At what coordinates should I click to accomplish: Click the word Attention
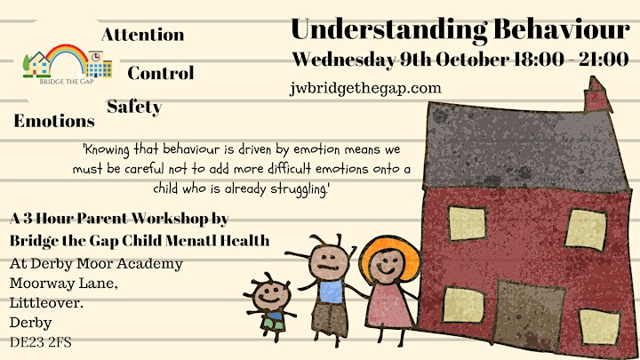pyautogui.click(x=143, y=35)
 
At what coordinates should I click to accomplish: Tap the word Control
pyautogui.click(x=161, y=73)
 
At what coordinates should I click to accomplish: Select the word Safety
pyautogui.click(x=134, y=108)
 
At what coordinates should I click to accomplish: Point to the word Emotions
pyautogui.click(x=54, y=121)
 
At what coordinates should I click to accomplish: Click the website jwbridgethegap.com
pyautogui.click(x=365, y=89)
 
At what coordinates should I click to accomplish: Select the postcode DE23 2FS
pyautogui.click(x=40, y=342)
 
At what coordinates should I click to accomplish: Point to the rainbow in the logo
pyautogui.click(x=67, y=55)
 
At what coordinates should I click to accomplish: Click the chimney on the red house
pyautogui.click(x=597, y=95)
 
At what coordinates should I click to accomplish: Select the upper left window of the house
pyautogui.click(x=468, y=223)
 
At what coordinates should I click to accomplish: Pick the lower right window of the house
pyautogui.click(x=600, y=326)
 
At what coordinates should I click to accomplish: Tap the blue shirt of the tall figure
pyautogui.click(x=331, y=292)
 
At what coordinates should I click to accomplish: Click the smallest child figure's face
pyautogui.click(x=270, y=296)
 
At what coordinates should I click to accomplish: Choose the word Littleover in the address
pyautogui.click(x=44, y=303)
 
